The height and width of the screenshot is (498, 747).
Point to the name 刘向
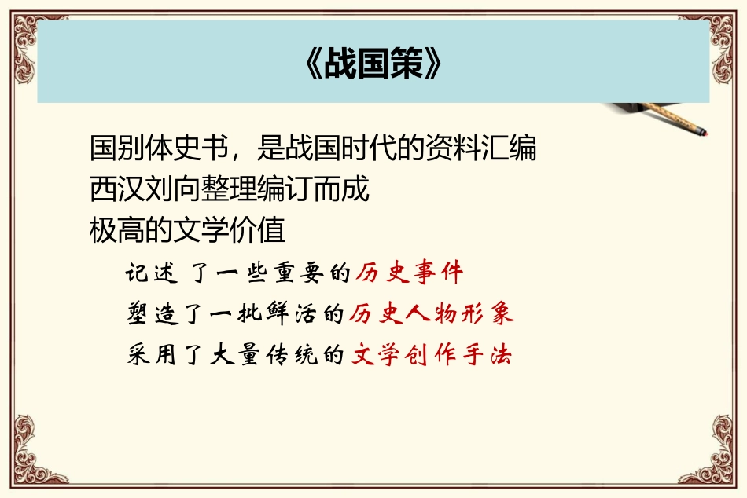coord(173,189)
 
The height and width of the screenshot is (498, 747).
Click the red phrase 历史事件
coord(409,273)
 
